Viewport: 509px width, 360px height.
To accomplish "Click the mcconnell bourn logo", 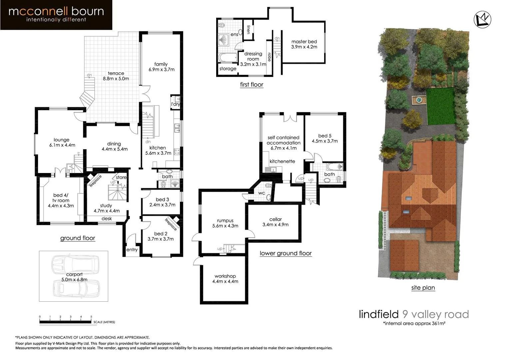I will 56,15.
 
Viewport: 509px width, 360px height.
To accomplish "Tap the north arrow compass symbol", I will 483,20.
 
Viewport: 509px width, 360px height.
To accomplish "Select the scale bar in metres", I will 65,322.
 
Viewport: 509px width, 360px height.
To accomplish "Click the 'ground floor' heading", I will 78,238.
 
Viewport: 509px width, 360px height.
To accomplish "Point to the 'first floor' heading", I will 252,85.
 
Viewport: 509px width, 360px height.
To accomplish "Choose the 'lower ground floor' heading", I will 285,253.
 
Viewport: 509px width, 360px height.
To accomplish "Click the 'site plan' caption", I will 423,288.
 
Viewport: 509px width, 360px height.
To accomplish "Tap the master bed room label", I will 304,42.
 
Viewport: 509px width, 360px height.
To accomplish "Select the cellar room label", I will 275,219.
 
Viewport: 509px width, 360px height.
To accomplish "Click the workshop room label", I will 225,276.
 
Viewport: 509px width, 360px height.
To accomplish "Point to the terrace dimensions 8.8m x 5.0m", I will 116,79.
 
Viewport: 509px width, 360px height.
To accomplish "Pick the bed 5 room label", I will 325,136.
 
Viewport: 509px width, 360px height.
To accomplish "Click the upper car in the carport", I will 75,264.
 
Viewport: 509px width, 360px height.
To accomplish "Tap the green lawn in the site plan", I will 440,106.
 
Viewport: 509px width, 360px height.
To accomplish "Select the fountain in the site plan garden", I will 417,99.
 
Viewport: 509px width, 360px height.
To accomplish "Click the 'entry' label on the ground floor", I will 132,250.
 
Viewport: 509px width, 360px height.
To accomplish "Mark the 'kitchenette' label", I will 282,161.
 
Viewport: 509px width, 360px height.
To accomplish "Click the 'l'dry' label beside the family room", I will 176,104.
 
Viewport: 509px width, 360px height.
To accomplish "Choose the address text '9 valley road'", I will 435,314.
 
